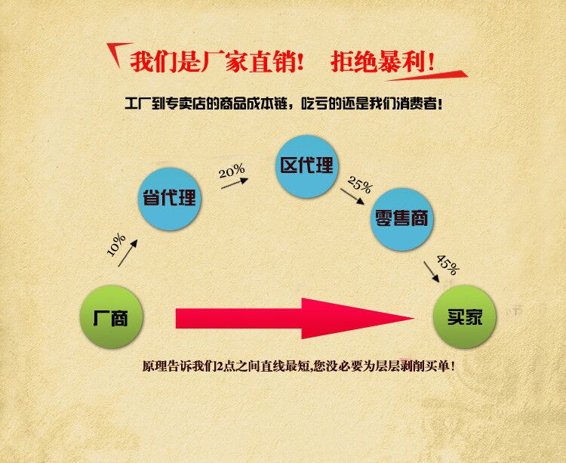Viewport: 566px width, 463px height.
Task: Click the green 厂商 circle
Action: tap(112, 316)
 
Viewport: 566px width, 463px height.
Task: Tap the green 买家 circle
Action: tap(465, 316)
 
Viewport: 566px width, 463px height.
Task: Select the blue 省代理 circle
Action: tap(170, 199)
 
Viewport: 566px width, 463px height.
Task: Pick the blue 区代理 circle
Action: tap(306, 166)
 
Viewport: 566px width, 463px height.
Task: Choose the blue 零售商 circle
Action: tap(401, 219)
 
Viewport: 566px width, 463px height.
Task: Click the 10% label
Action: tap(116, 245)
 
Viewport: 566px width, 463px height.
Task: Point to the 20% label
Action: tap(232, 171)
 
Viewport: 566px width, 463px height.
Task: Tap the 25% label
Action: tap(359, 184)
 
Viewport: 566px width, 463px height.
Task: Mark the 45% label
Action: tap(448, 264)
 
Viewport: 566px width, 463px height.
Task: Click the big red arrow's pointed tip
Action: tap(414, 318)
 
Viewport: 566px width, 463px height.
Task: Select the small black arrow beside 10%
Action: tap(128, 253)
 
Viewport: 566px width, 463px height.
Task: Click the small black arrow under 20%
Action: tap(235, 183)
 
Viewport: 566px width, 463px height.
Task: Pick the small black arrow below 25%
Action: tap(352, 196)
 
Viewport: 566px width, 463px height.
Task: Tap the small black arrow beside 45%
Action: tap(432, 272)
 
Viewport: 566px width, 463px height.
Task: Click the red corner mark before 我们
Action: tap(117, 52)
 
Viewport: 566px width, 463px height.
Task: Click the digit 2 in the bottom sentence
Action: tap(217, 366)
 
